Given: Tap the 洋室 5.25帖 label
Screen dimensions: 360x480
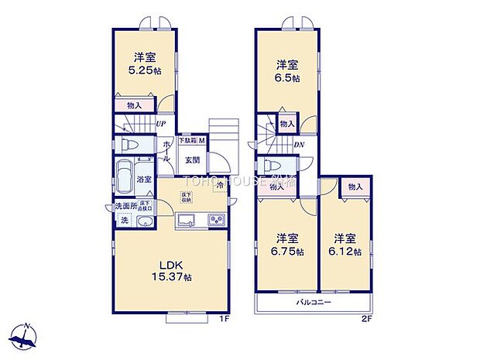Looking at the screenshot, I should click(x=144, y=63).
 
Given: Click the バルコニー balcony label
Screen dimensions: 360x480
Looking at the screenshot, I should click(x=314, y=303).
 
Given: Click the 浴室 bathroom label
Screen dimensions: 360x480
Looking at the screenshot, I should click(x=144, y=180).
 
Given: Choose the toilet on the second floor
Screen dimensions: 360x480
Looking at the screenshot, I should click(x=269, y=166).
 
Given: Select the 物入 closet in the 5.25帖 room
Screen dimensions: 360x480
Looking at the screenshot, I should click(x=133, y=105).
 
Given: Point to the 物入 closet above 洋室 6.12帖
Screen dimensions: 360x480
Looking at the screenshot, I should click(x=355, y=187).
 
